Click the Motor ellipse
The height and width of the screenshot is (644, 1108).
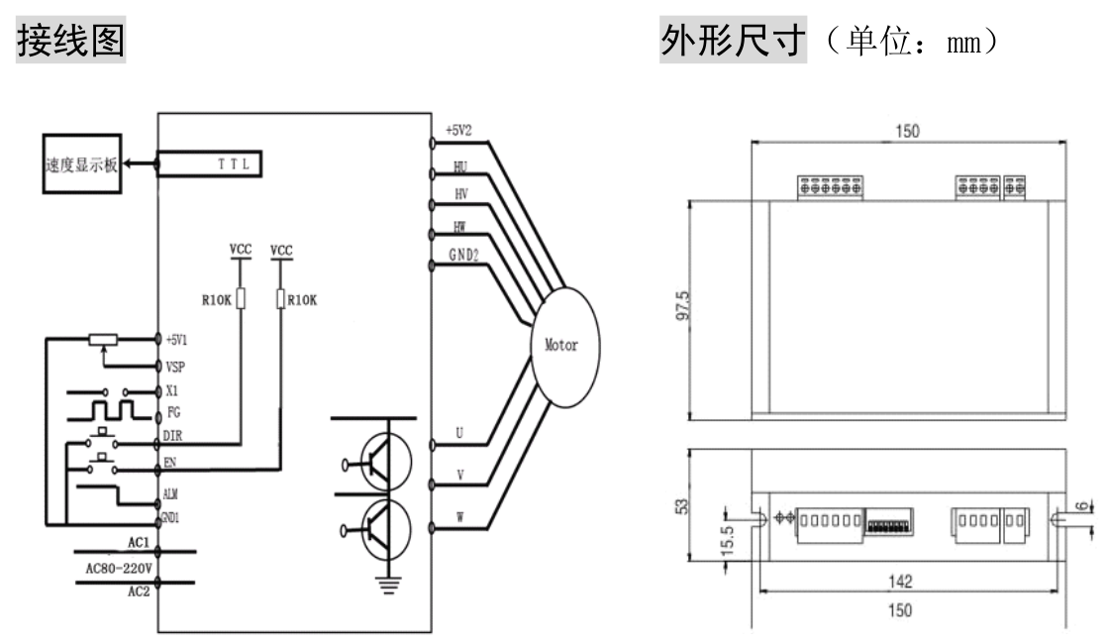click(567, 348)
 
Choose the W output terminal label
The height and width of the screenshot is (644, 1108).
click(459, 515)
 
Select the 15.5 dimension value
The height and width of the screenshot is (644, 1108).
click(728, 543)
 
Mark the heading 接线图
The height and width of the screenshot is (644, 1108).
click(71, 41)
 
